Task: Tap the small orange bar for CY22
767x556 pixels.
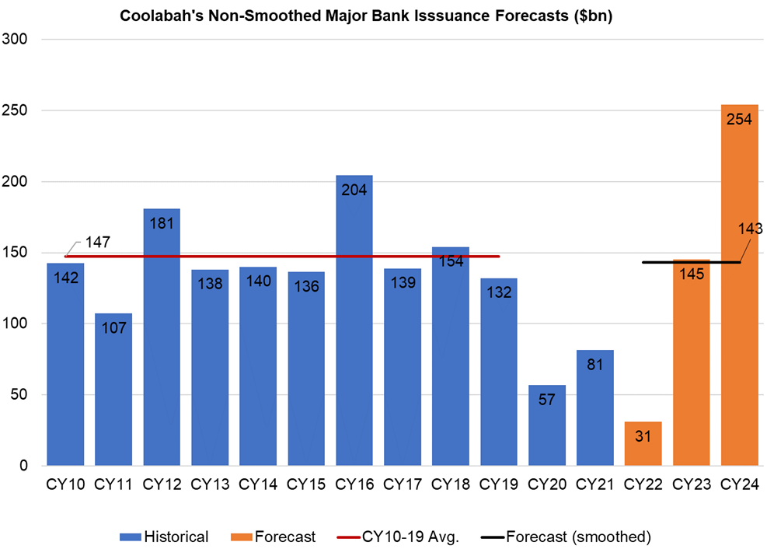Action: click(643, 443)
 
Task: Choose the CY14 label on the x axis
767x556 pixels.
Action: click(258, 484)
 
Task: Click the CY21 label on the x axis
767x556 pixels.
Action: click(595, 484)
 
